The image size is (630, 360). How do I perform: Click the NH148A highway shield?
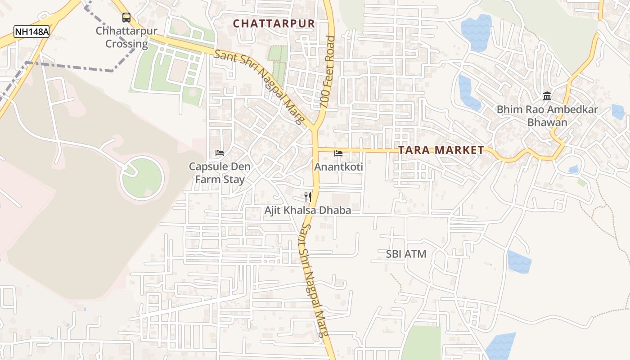pyautogui.click(x=31, y=32)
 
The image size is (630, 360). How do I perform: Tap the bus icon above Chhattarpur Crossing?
pyautogui.click(x=126, y=18)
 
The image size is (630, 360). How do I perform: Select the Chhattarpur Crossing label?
pyautogui.click(x=126, y=37)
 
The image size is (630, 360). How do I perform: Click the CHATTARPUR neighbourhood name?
pyautogui.click(x=274, y=23)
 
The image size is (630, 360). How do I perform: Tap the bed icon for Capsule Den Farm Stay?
pyautogui.click(x=220, y=153)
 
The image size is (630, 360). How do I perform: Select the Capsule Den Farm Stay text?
pyautogui.click(x=220, y=173)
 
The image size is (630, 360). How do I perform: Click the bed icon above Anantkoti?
pyautogui.click(x=338, y=153)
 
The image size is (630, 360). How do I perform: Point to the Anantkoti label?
pyautogui.click(x=338, y=167)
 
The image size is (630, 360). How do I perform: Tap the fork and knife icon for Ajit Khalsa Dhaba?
pyautogui.click(x=308, y=197)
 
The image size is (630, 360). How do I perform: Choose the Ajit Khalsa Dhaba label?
pyautogui.click(x=308, y=210)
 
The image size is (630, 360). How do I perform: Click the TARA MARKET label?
pyautogui.click(x=441, y=150)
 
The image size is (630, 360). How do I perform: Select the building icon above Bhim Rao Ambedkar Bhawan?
pyautogui.click(x=547, y=96)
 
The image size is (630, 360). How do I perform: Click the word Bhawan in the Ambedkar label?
pyautogui.click(x=547, y=122)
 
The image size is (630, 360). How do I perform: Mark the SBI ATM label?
pyautogui.click(x=406, y=254)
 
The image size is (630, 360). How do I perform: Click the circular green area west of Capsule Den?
pyautogui.click(x=143, y=178)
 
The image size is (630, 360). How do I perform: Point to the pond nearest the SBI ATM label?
pyautogui.click(x=519, y=262)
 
